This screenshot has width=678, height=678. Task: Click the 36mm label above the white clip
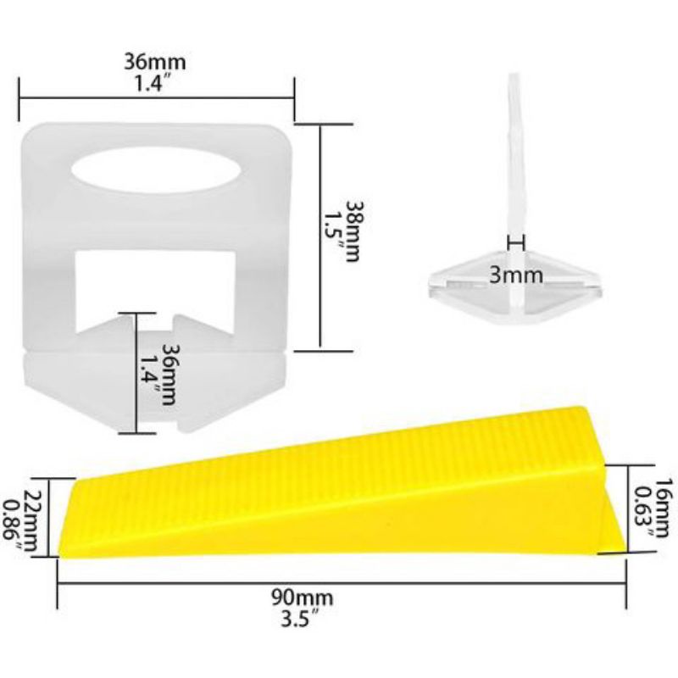(x=155, y=62)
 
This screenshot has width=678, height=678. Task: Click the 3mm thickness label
(x=516, y=275)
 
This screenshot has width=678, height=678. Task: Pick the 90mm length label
(x=303, y=598)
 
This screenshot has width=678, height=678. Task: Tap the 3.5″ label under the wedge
(x=301, y=620)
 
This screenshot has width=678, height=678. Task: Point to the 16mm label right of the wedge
(x=664, y=508)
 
